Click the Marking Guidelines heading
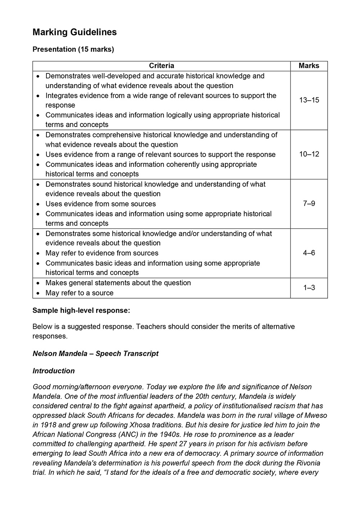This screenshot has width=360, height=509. pos(75,32)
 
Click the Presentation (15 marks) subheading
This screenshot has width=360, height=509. pos(73,49)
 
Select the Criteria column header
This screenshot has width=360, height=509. pos(161,66)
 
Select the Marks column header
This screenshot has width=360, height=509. pos(309,66)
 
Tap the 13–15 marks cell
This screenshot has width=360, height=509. pos(309,100)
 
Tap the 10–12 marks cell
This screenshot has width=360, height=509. pos(309,154)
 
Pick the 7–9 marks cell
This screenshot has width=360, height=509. pos(309,204)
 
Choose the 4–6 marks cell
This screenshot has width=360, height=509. pos(309,253)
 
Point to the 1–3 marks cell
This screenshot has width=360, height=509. pos(309,288)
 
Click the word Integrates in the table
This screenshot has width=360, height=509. pos(61,96)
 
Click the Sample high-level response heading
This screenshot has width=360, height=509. pos(81,310)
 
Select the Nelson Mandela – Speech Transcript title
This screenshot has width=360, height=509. pos(95,354)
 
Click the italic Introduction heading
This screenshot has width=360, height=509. pos(54,371)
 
